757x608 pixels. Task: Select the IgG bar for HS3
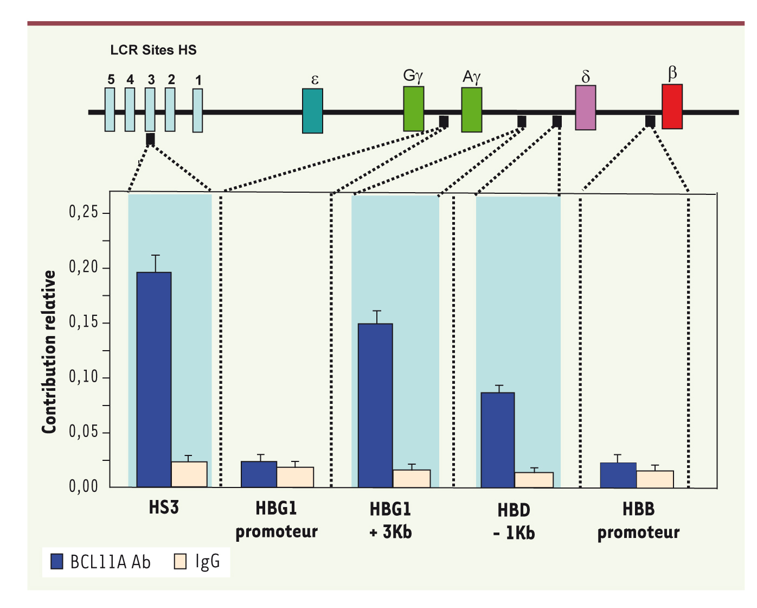pos(189,474)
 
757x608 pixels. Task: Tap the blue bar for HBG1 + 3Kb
pos(375,405)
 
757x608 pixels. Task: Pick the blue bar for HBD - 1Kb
pos(498,439)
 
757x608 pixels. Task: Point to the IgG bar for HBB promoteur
pos(655,479)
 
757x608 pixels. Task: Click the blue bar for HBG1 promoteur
pos(259,474)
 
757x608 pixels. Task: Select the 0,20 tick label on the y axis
pos(84,268)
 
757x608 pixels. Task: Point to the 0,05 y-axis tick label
pos(84,432)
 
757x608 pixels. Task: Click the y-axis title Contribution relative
pos(49,352)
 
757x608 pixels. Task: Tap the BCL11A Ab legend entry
pos(101,562)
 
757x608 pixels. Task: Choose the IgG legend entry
pos(197,562)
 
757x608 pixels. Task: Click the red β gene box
pos(672,106)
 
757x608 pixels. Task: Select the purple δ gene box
pos(586,107)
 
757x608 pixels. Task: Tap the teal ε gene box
pos(312,111)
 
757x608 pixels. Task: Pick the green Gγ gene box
pos(413,109)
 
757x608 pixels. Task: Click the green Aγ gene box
pos(472,110)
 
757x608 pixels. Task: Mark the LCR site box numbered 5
pos(110,110)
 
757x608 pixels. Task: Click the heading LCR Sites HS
pos(153,50)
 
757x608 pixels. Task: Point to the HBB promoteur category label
pos(638,521)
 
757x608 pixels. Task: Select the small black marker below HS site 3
pos(150,139)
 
